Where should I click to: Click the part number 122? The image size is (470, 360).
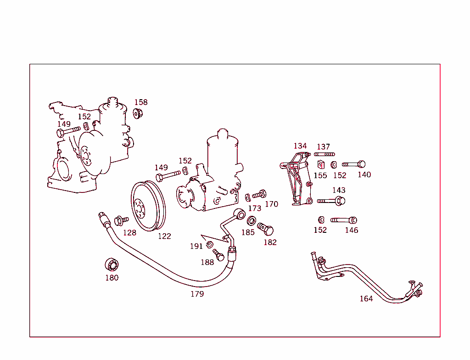pos(164,236)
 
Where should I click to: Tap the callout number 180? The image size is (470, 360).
pos(112,277)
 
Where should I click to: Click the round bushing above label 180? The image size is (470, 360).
pos(112,265)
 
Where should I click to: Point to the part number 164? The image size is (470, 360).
pos(366,299)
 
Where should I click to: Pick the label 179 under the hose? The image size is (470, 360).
pos(197,294)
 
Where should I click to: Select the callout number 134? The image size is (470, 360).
pos(300,146)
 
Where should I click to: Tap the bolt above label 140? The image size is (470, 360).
pos(354,164)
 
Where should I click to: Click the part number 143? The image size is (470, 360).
pos(339,190)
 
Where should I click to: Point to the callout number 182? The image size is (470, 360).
pos(270,242)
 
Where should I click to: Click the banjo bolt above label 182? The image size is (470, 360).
pos(266,228)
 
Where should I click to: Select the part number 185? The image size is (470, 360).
pos(248,232)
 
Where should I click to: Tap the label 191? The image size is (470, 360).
pos(196,247)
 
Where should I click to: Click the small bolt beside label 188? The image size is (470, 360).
pos(218,254)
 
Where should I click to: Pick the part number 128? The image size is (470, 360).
pos(129,233)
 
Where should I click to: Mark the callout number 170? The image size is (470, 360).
pos(271,204)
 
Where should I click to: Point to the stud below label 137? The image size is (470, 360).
pos(324,154)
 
